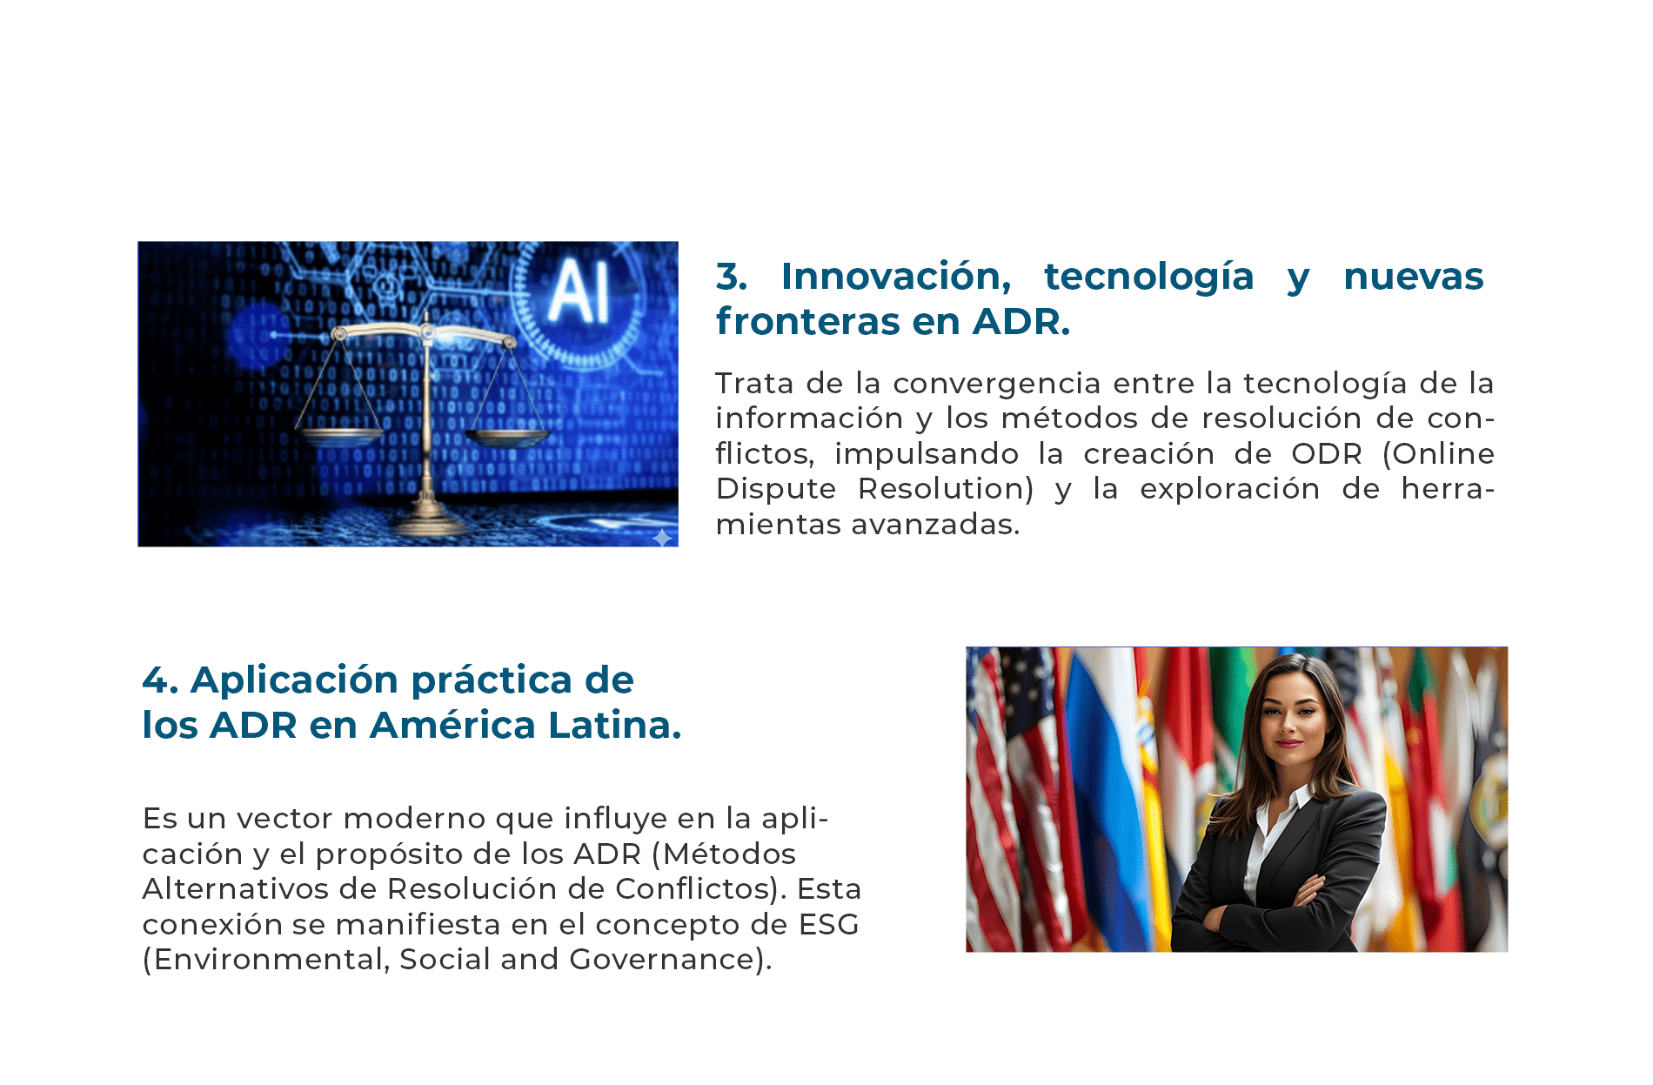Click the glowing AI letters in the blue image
(577, 292)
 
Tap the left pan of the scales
(339, 432)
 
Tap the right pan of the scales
(508, 435)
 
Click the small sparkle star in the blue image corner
(662, 538)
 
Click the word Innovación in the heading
(896, 277)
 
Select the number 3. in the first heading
(732, 277)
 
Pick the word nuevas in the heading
(1413, 278)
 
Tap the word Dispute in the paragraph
(776, 490)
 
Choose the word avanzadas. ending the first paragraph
(935, 525)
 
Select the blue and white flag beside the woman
(1105, 800)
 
